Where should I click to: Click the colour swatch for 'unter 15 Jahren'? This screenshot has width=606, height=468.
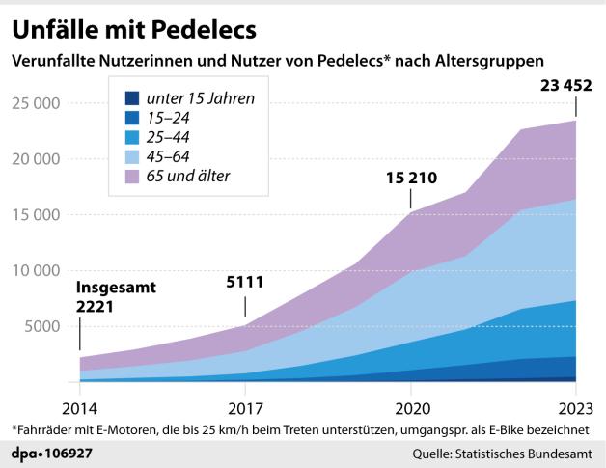point(128,97)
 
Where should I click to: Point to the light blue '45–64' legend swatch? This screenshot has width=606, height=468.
point(128,155)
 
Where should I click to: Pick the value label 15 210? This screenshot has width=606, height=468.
point(411,178)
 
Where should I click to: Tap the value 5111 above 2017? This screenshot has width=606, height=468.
point(245,283)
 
